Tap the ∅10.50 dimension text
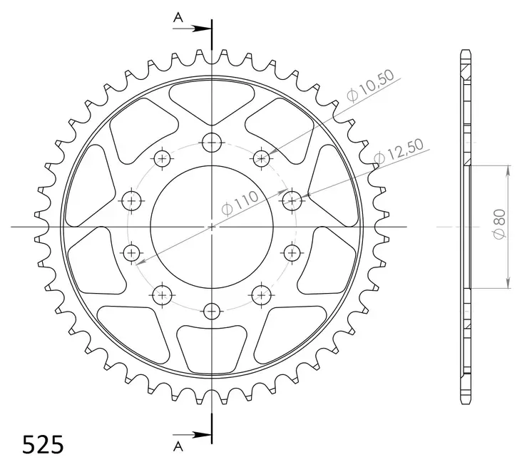click(369, 91)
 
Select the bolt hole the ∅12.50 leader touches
click(292, 200)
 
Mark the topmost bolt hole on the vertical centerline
click(212, 143)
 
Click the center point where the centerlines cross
click(212, 227)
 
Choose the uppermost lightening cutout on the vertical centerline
click(212, 100)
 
